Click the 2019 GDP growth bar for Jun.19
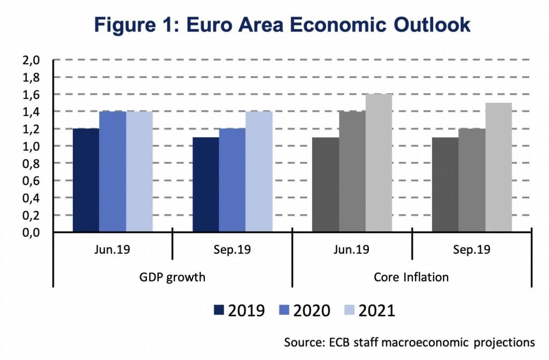pos(86,180)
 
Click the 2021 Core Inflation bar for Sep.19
pos(498,167)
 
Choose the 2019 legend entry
pos(239,311)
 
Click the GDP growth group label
pos(172,278)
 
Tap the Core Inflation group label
pos(411,278)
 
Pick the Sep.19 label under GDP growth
pos(232,250)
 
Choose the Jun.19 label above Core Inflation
pos(352,250)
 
